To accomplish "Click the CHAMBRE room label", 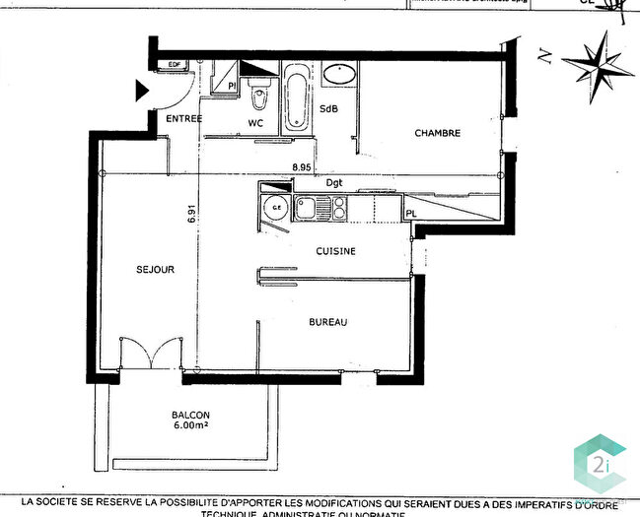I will point(437,133).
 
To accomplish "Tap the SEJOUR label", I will point(156,269).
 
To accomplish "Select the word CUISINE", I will point(335,251).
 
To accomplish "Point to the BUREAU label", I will point(328,322).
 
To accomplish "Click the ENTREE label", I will point(184,119).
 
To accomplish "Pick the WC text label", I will point(254,123).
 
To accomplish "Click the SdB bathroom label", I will point(328,109).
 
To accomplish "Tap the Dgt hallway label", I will point(334,183).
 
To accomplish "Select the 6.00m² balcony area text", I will point(188,428).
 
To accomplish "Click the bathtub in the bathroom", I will point(295,98).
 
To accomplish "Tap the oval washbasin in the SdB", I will point(340,73).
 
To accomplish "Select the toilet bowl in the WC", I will point(258,99).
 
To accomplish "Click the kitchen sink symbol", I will point(307,207).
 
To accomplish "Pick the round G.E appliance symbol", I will point(277,208).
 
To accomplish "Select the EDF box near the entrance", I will point(176,65).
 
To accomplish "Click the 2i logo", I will point(599,461).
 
